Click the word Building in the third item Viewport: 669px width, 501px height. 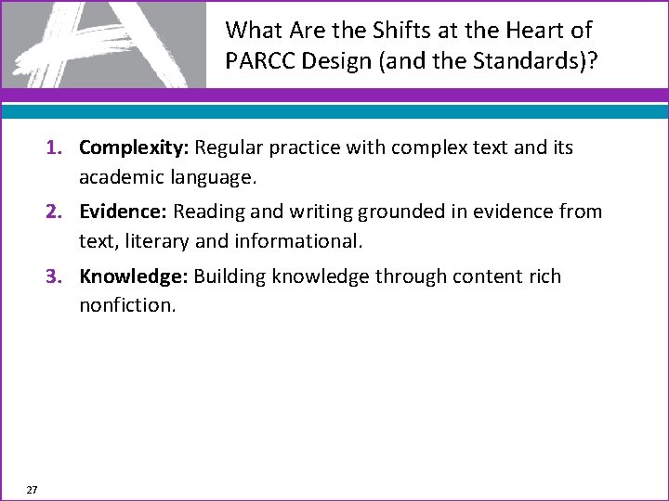tap(230, 276)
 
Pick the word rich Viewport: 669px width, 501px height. tap(543, 276)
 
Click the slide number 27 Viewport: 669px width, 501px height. tap(32, 489)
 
